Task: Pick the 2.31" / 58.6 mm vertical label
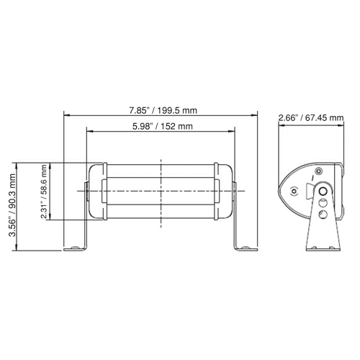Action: pyautogui.click(x=45, y=192)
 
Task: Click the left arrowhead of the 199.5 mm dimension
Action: pyautogui.click(x=67, y=115)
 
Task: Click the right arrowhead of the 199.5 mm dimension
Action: pyautogui.click(x=257, y=115)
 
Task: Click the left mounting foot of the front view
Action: pyautogui.click(x=76, y=248)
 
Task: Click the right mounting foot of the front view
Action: pyautogui.click(x=246, y=248)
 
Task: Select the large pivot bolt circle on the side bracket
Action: pyautogui.click(x=323, y=192)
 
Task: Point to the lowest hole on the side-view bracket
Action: pyautogui.click(x=323, y=215)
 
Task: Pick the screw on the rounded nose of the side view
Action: pyautogui.click(x=293, y=190)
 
